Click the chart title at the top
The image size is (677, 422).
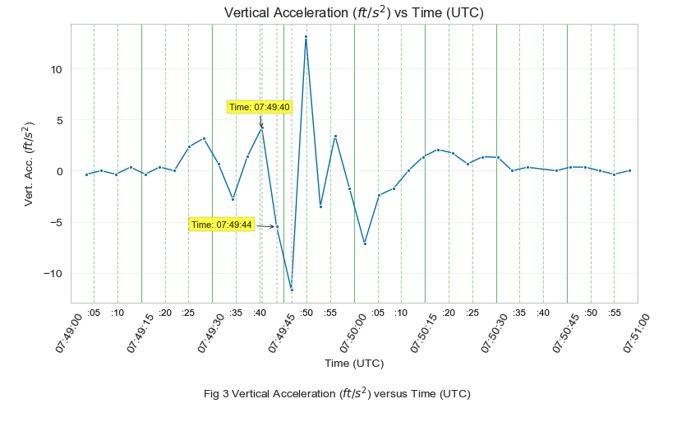coord(354,12)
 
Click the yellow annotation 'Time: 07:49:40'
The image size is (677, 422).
coord(260,107)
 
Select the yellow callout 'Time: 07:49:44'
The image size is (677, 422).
coord(222,225)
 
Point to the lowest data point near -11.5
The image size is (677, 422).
coord(291,288)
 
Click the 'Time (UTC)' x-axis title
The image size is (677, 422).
coord(354,363)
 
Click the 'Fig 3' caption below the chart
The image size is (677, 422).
coord(337,393)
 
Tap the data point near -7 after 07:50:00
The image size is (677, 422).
coord(365,243)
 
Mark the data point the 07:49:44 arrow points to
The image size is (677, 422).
coord(277,226)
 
